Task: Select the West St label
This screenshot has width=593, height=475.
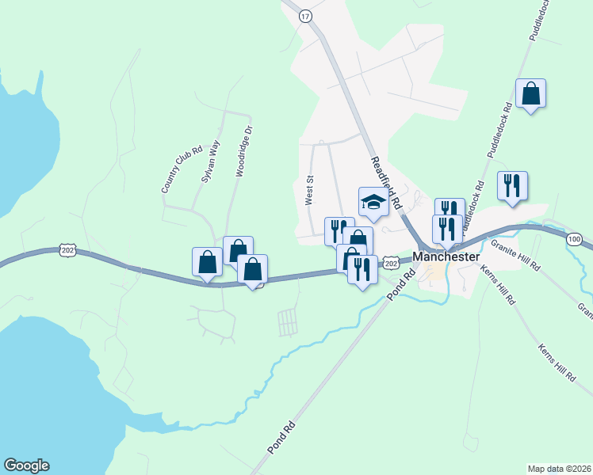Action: tap(311, 191)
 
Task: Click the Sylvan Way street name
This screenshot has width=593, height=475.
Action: tap(210, 162)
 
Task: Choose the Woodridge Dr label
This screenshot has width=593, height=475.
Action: tap(243, 151)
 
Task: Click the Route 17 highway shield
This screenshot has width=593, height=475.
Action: tap(305, 15)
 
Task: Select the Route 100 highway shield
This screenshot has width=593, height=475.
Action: tap(575, 237)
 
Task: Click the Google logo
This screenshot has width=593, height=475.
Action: tap(26, 465)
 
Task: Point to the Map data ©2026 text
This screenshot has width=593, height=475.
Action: tap(559, 468)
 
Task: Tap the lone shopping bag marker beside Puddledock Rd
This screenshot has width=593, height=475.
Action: tap(530, 93)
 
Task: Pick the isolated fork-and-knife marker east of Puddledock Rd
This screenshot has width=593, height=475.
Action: tap(512, 186)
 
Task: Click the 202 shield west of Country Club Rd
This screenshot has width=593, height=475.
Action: tap(67, 251)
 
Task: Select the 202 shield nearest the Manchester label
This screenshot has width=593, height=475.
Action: tap(390, 262)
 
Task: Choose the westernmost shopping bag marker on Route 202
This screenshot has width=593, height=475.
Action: tap(207, 262)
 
